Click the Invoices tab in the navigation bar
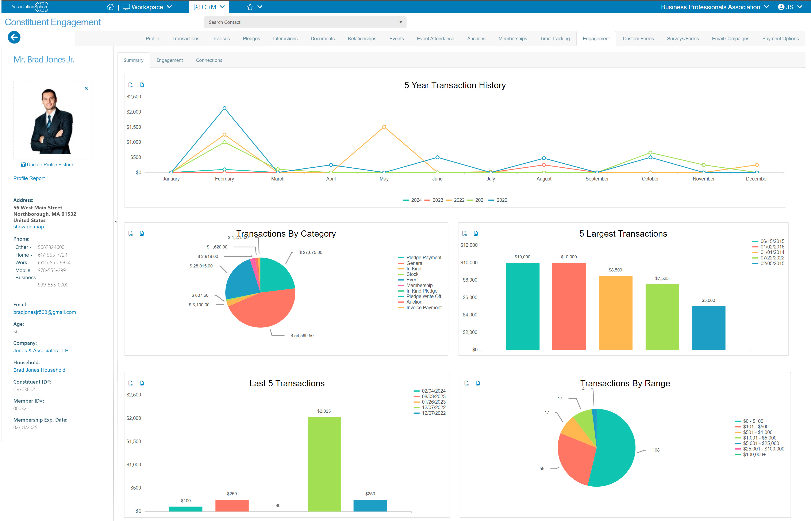(x=221, y=39)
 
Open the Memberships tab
(x=512, y=39)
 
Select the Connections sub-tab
(x=209, y=60)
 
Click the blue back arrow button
(x=14, y=37)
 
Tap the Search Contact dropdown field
(x=305, y=22)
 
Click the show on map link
(x=28, y=227)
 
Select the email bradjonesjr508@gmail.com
(x=45, y=312)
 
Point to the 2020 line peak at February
(x=224, y=109)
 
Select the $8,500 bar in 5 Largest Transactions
(x=615, y=313)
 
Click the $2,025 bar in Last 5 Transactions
(x=324, y=464)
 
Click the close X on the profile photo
(x=86, y=88)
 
